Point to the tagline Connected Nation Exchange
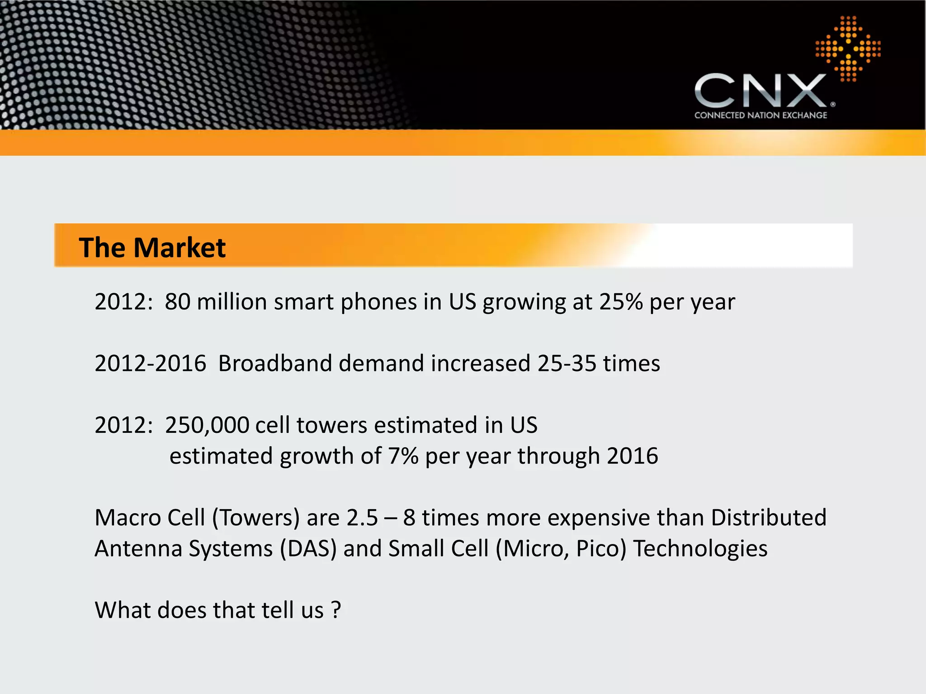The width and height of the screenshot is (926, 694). (x=761, y=115)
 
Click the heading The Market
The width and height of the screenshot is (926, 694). (x=152, y=248)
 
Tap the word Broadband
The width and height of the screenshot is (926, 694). (x=276, y=363)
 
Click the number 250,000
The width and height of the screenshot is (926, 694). (x=207, y=425)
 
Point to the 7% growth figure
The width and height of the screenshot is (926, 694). (x=403, y=456)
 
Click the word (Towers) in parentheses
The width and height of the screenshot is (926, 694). (x=256, y=518)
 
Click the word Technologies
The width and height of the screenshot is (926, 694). (x=700, y=549)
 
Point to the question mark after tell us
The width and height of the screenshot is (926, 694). (x=336, y=610)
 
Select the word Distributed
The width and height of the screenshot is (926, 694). (x=768, y=518)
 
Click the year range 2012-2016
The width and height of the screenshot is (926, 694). (x=150, y=363)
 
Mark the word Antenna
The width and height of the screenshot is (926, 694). (x=138, y=549)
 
